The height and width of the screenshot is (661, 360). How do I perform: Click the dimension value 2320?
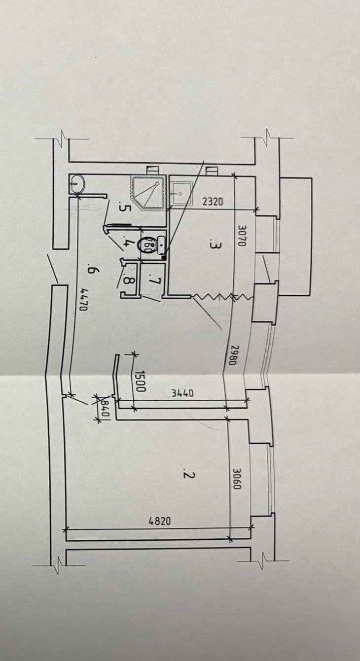[x=213, y=202]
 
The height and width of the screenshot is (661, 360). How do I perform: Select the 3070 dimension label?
[x=242, y=236]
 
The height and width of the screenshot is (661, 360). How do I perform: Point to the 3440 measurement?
[x=182, y=393]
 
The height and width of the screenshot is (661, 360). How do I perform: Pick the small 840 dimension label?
[x=105, y=408]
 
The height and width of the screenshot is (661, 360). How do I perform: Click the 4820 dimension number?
[x=160, y=521]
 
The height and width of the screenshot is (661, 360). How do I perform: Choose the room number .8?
[x=129, y=279]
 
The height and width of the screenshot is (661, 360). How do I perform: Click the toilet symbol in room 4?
[x=152, y=244]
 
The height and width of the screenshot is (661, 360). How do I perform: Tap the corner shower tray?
[x=147, y=193]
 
